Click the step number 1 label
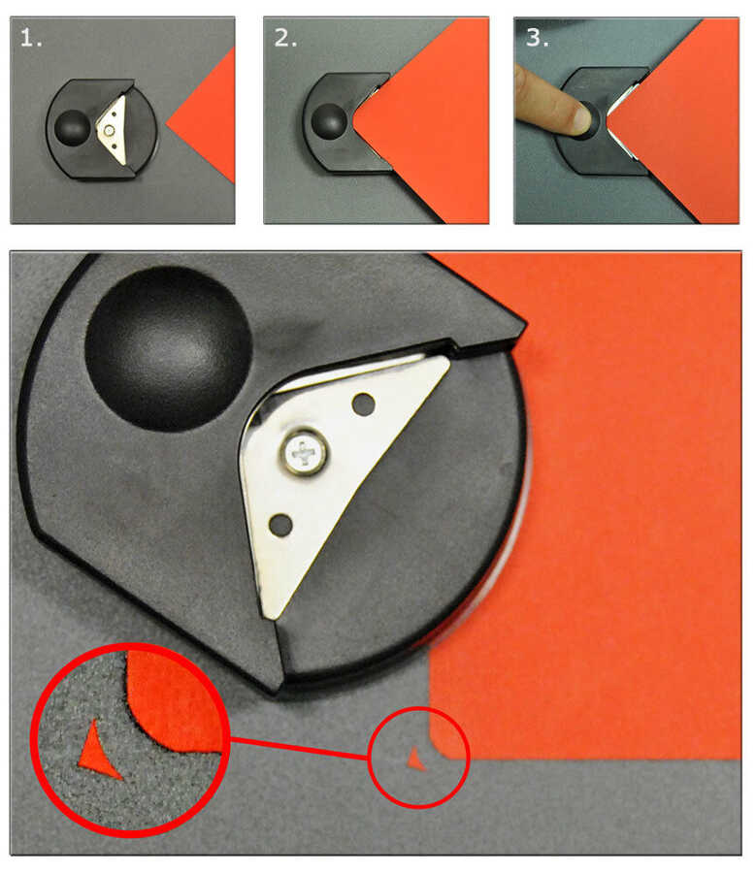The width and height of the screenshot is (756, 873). coord(31,38)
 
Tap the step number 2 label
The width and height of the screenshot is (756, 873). coord(285,38)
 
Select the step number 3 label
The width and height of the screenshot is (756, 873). coord(537,38)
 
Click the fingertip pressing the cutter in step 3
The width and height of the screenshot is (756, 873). coord(580,118)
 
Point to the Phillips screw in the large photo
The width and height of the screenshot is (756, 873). coord(304,451)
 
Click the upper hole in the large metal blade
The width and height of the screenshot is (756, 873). coord(364,404)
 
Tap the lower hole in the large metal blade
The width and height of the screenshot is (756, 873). coord(280,525)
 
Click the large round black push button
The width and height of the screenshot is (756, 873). coord(167,348)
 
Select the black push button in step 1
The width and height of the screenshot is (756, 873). coord(72,126)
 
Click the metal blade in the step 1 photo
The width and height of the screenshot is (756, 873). coord(114,130)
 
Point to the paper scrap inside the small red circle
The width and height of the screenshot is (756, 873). coord(415,760)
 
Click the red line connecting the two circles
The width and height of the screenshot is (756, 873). coord(299,748)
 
